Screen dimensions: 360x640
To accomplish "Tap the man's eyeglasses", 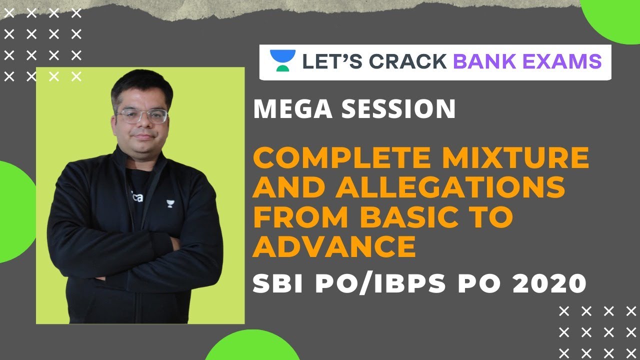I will [141, 116].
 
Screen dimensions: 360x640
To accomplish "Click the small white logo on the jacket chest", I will [169, 203].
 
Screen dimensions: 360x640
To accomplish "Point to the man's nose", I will [142, 125].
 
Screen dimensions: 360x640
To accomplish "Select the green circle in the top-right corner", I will [612, 17].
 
